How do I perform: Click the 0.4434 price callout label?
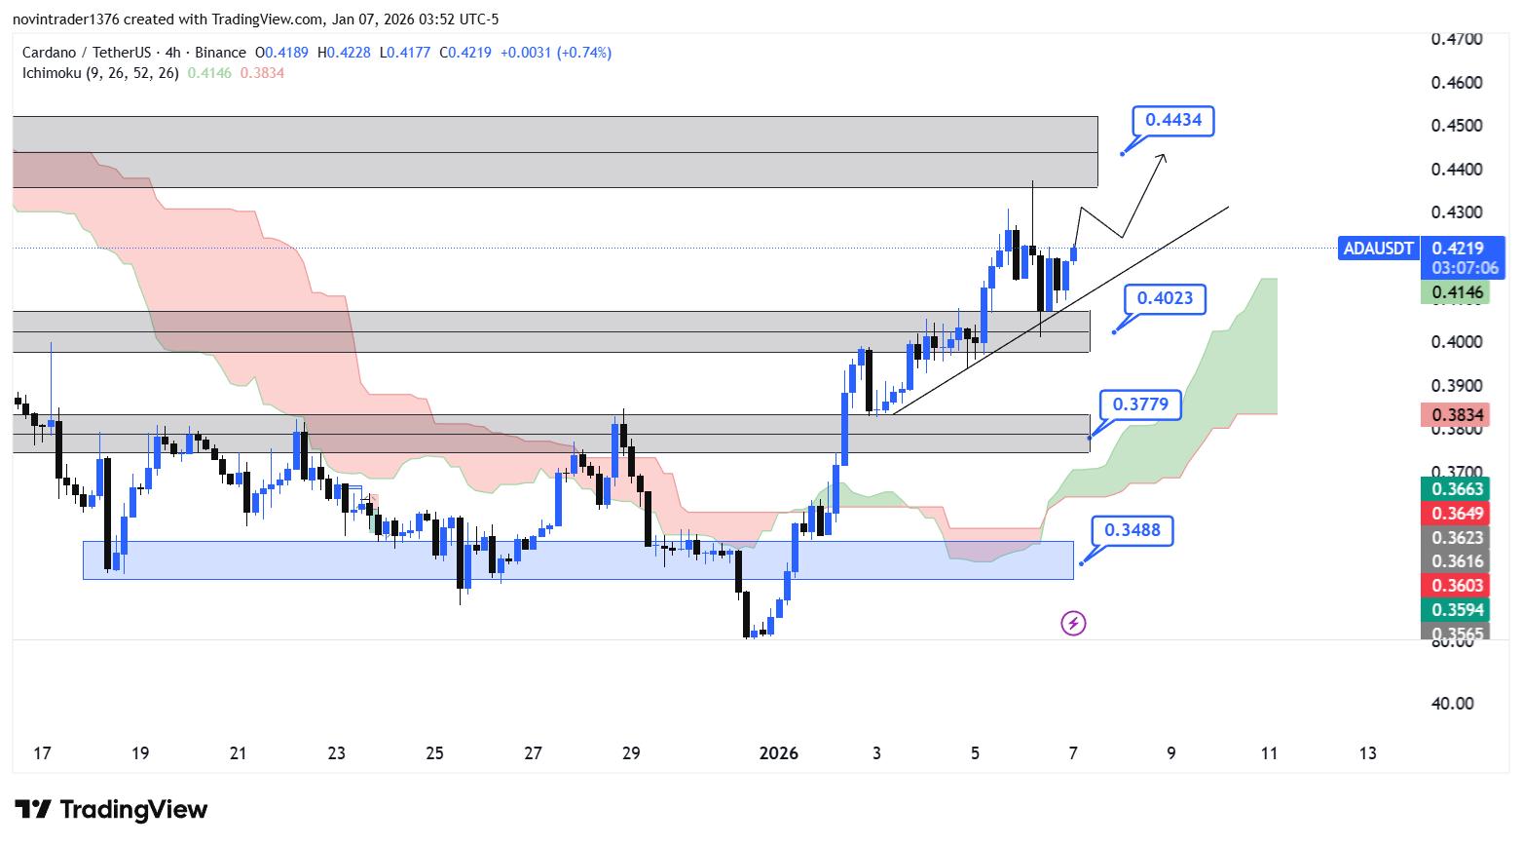tap(1172, 120)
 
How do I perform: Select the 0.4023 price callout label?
tap(1165, 298)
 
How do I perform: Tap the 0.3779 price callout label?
tap(1140, 404)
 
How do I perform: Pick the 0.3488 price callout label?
tap(1132, 530)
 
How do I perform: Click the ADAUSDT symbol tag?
tap(1378, 249)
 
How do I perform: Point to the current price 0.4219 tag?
tap(1458, 249)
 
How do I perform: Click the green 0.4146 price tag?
tap(1457, 291)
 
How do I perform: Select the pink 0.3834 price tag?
tap(1457, 415)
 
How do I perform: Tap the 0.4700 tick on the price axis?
tap(1457, 39)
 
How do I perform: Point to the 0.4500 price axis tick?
tap(1457, 126)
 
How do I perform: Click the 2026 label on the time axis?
tap(778, 752)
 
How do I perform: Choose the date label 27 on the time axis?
tap(533, 752)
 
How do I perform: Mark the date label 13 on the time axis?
tap(1367, 752)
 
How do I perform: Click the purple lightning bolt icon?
tap(1073, 623)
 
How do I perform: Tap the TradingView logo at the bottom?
tap(111, 810)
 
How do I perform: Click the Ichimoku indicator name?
tap(52, 73)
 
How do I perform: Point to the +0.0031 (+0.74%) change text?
tap(556, 53)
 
